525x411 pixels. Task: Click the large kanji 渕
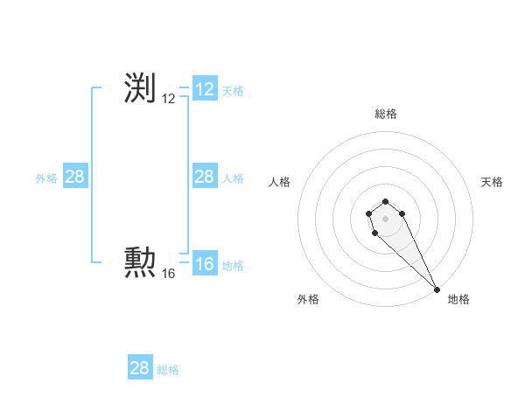(x=140, y=88)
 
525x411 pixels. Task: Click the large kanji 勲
(x=140, y=261)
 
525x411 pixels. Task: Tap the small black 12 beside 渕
(x=169, y=100)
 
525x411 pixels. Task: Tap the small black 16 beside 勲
(x=169, y=274)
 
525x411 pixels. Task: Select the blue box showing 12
(x=205, y=89)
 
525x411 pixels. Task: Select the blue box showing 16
(x=205, y=264)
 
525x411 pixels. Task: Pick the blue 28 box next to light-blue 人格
(x=205, y=177)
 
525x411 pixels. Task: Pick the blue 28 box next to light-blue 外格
(x=75, y=177)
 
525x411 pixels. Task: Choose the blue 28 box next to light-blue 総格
(x=140, y=367)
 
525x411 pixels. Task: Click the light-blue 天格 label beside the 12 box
(x=233, y=91)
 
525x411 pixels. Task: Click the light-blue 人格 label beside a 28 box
(x=233, y=178)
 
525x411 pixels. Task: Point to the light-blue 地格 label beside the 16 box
(x=233, y=266)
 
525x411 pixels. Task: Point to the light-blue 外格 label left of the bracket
(x=46, y=178)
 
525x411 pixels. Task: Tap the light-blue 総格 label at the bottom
(x=168, y=370)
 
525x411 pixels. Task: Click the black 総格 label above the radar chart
(x=385, y=114)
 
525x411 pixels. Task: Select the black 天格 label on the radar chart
(x=492, y=182)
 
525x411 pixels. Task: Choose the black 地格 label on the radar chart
(x=458, y=299)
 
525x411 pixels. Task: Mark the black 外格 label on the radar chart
(x=308, y=299)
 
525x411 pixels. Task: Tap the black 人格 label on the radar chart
(x=280, y=182)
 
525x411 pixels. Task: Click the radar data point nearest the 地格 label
(x=437, y=289)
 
